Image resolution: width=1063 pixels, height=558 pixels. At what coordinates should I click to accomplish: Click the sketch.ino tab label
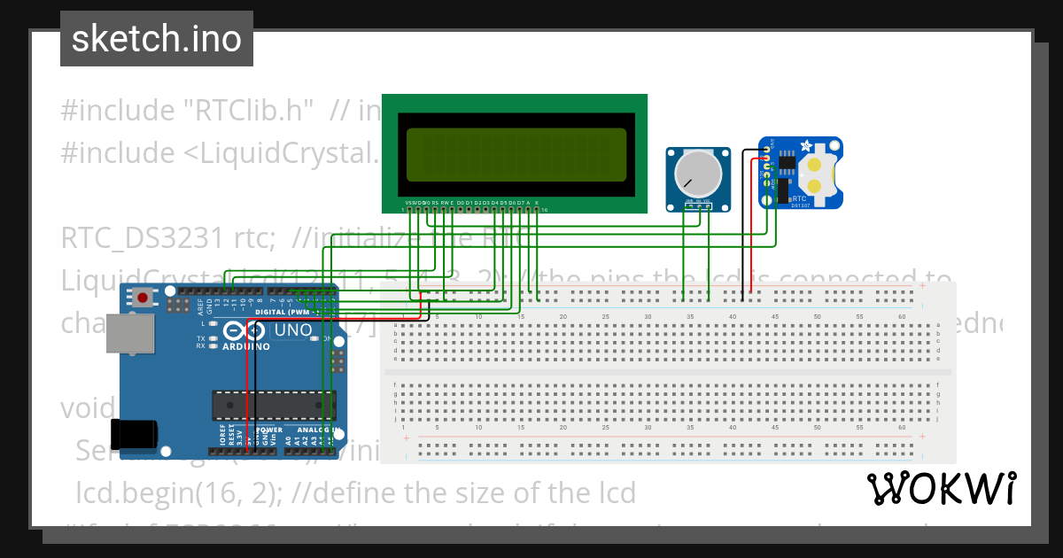coord(156,39)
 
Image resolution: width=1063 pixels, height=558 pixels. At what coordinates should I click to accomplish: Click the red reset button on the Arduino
coord(141,298)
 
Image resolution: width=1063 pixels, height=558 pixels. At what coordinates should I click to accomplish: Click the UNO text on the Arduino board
coord(292,330)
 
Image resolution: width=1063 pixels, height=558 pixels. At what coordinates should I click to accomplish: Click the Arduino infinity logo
coord(244,331)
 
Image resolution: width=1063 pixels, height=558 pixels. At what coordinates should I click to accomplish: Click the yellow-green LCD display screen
coord(516,152)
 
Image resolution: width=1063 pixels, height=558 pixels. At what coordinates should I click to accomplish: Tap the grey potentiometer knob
coord(699,172)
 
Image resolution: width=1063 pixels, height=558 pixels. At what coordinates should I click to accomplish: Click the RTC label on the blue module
coord(799,198)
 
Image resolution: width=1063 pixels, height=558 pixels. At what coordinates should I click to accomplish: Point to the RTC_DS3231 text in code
coord(142,238)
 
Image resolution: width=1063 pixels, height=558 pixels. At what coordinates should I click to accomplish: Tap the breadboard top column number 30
coord(648,316)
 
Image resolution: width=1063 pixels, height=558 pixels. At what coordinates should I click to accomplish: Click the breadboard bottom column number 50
coord(818,428)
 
